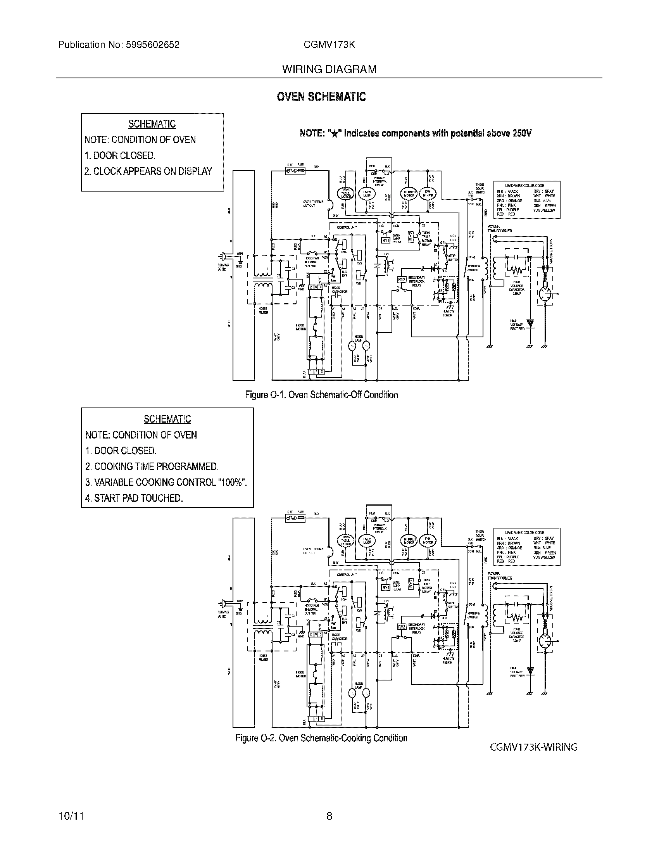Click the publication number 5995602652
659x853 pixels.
pos(153,45)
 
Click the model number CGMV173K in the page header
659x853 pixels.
pos(329,45)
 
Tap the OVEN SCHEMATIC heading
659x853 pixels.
pos(321,97)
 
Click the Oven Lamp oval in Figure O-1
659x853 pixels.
pos(367,194)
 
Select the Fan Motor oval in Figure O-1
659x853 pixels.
pos(427,193)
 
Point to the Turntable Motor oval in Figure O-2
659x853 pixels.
pos(345,540)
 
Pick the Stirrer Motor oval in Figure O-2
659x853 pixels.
pos(408,540)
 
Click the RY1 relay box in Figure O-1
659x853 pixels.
pos(386,241)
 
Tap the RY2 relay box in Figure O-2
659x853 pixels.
pos(402,627)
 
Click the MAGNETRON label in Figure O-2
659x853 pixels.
pos(551,598)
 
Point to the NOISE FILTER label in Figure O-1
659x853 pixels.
pos(263,311)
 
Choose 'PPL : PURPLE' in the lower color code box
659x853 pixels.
pos(508,557)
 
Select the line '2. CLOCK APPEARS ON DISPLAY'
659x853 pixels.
pos(148,171)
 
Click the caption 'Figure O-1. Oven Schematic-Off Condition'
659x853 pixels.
pos(321,395)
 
